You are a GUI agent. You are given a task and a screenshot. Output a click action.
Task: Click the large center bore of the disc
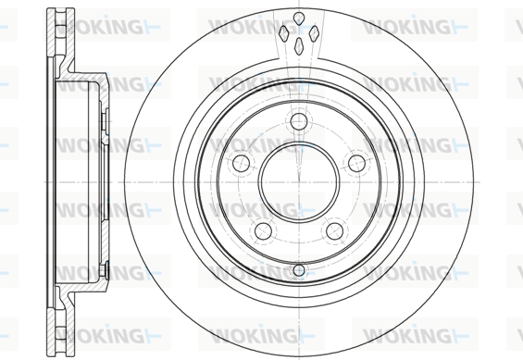pos(299,181)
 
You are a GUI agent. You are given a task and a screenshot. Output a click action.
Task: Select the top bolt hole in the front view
pos(298,121)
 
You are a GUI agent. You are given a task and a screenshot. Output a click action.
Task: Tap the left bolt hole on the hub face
pos(242,163)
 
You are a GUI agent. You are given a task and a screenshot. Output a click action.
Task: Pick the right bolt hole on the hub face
pos(356,163)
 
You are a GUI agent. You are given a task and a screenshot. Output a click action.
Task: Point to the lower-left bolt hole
pos(263,230)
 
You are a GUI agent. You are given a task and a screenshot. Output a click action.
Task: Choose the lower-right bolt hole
pos(334,230)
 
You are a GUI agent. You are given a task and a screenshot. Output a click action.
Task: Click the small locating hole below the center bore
pos(299,270)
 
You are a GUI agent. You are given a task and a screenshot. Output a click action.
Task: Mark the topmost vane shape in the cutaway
pos(299,18)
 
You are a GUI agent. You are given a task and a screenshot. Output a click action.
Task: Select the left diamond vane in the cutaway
pos(283,33)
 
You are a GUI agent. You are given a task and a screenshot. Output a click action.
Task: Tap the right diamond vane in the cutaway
pos(314,33)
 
